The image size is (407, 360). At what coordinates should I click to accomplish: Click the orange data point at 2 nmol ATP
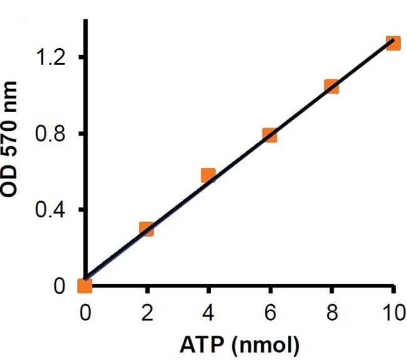147,229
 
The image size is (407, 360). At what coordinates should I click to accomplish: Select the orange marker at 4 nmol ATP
209,175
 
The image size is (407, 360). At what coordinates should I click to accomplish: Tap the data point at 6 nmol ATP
270,135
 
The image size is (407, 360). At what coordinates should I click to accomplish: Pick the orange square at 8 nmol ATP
332,86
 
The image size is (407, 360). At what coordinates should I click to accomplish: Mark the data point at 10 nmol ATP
393,43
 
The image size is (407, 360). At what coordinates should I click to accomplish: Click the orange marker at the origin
85,286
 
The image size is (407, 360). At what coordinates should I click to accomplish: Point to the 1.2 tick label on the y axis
52,58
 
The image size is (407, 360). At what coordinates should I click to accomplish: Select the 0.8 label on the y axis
52,134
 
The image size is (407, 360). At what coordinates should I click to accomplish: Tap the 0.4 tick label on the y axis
52,210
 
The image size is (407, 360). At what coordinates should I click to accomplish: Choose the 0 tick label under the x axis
85,311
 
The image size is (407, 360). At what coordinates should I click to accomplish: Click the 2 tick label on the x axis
147,311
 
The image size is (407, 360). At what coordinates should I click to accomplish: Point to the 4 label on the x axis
209,311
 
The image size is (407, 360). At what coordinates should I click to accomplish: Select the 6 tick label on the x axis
270,311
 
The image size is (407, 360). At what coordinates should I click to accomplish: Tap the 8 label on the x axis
332,311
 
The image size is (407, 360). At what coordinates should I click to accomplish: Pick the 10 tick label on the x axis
392,311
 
